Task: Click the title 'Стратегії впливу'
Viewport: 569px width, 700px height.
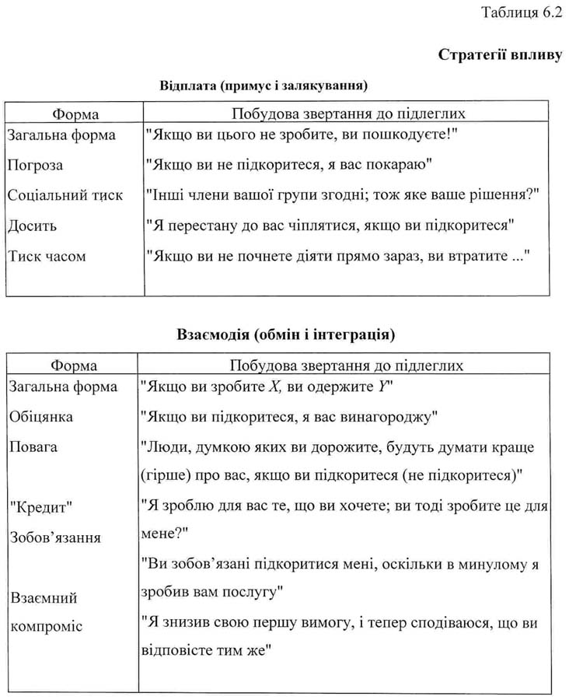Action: (499, 54)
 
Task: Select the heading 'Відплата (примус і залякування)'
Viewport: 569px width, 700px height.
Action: (263, 84)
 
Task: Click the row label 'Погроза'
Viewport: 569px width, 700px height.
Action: (35, 165)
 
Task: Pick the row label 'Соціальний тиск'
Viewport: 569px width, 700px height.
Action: (65, 195)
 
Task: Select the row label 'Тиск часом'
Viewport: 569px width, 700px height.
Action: (47, 256)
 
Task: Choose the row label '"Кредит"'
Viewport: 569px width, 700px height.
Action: (40, 506)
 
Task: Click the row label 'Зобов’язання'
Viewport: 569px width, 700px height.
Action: (54, 537)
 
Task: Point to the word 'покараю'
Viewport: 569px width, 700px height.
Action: (407, 165)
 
